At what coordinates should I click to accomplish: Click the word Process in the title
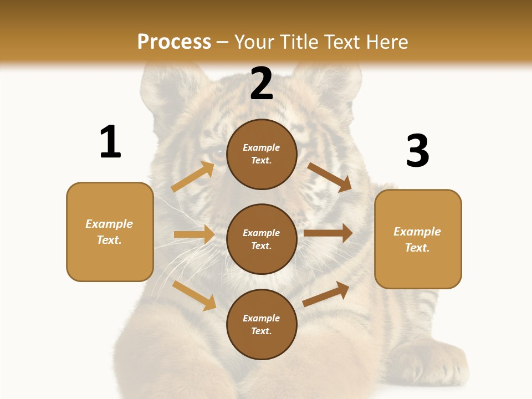[174, 42]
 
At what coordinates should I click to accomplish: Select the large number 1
[110, 142]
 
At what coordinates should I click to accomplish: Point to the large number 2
[262, 84]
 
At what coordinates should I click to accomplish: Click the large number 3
[417, 151]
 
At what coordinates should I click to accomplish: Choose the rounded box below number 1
[110, 232]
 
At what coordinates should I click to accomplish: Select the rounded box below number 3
[418, 239]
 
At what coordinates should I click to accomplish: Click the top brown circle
[262, 154]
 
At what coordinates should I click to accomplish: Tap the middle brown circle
[262, 239]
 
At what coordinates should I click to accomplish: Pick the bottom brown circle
[262, 324]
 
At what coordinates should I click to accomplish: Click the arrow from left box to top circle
[193, 177]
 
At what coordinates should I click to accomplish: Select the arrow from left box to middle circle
[194, 234]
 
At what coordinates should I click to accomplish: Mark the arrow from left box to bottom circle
[194, 295]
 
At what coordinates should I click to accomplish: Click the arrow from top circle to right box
[330, 177]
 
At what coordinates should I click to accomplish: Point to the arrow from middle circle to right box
[328, 233]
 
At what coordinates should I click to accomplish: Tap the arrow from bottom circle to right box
[326, 294]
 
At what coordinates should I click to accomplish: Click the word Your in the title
[254, 42]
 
